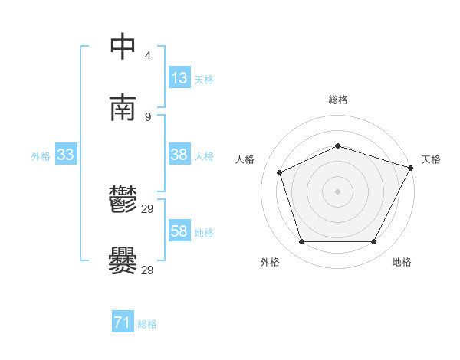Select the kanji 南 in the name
[x=123, y=108]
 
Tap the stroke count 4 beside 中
[x=148, y=56]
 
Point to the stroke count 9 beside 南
[x=148, y=117]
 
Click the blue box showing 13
[x=179, y=78]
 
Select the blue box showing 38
[x=179, y=155]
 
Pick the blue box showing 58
[x=179, y=231]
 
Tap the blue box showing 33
[x=66, y=155]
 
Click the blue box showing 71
[x=123, y=323]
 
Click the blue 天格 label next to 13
[x=204, y=79]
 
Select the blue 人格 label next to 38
[x=204, y=155]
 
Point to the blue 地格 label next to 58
[x=204, y=232]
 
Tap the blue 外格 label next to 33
[x=41, y=155]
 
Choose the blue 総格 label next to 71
[x=147, y=324]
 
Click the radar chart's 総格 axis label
[x=337, y=100]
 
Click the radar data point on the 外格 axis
[x=301, y=242]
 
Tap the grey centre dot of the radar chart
[x=337, y=191]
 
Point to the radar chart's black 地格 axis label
[x=402, y=262]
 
